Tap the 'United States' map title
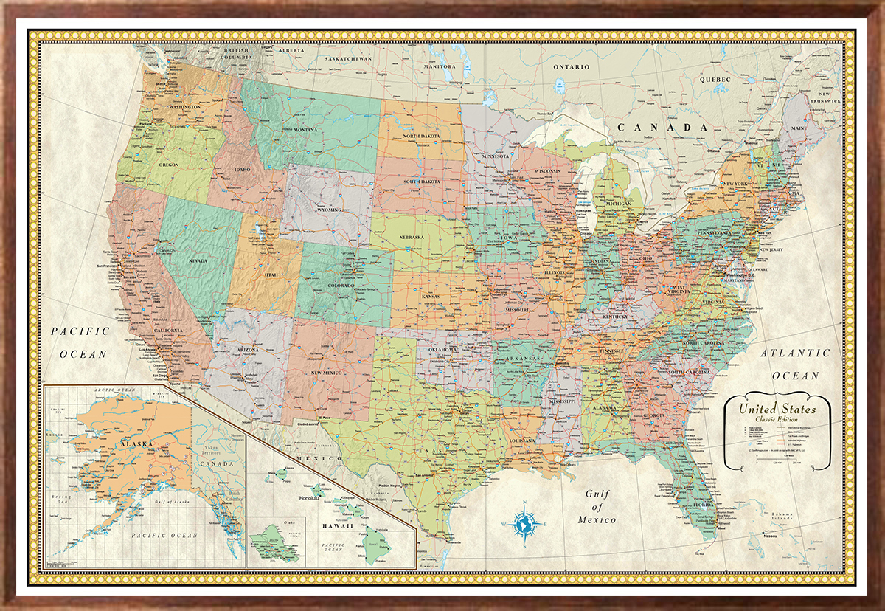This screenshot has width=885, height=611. click(x=777, y=408)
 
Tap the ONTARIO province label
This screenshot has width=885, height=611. click(x=573, y=67)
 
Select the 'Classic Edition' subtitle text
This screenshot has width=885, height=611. click(x=778, y=419)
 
